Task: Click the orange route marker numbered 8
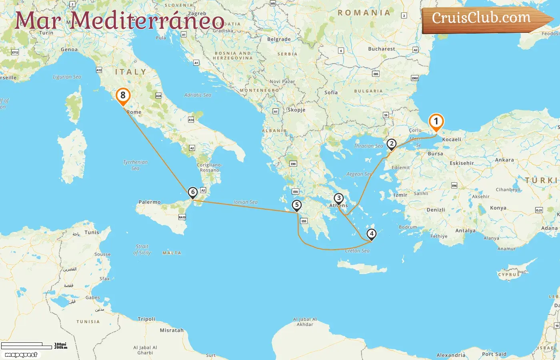[123, 96]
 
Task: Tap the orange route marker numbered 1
[436, 122]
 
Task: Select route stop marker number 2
[391, 144]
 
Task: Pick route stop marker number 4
[372, 234]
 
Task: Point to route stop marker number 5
[296, 205]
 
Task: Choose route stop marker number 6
[193, 192]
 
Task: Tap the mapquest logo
[21, 355]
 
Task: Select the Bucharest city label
[381, 49]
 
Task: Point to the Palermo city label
[150, 202]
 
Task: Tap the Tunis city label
[92, 232]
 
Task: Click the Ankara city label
[504, 160]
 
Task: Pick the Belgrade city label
[279, 39]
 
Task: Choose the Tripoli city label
[146, 319]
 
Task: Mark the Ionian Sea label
[245, 202]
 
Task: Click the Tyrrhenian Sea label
[135, 165]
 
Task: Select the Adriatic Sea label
[198, 95]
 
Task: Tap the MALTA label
[172, 253]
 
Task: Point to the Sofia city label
[331, 92]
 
